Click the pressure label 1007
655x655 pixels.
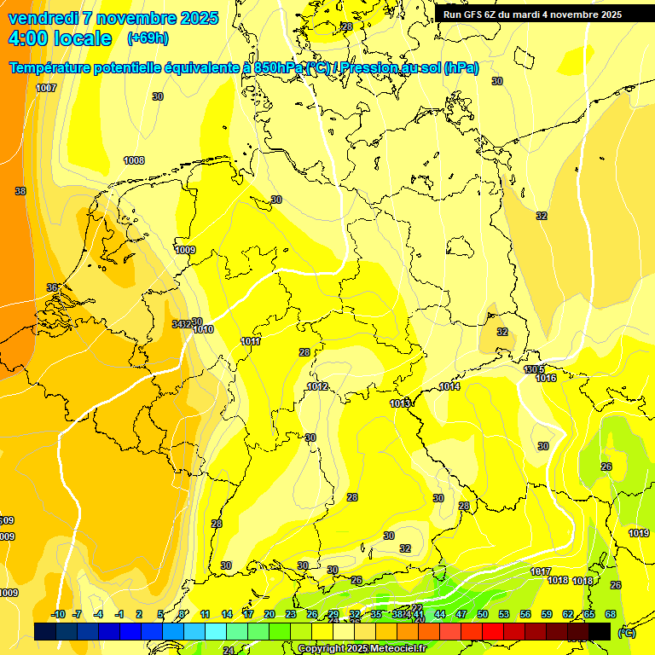click(46, 88)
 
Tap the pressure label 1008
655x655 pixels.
click(134, 160)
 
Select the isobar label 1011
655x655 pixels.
click(251, 341)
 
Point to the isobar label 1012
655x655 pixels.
click(317, 386)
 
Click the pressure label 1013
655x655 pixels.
click(400, 403)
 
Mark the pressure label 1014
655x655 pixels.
click(449, 387)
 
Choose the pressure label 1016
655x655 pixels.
click(546, 378)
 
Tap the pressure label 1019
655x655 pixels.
click(639, 533)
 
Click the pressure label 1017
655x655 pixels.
click(541, 571)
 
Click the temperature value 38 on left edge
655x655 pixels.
click(20, 191)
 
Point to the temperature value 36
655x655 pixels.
click(52, 287)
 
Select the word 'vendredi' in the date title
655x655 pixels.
click(43, 18)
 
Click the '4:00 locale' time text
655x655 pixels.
click(60, 38)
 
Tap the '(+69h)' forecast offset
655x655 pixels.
click(147, 38)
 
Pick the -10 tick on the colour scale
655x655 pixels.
click(58, 614)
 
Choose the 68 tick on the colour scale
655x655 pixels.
click(611, 614)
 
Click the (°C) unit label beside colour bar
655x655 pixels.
click(627, 632)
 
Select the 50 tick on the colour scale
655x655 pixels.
click(483, 614)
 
